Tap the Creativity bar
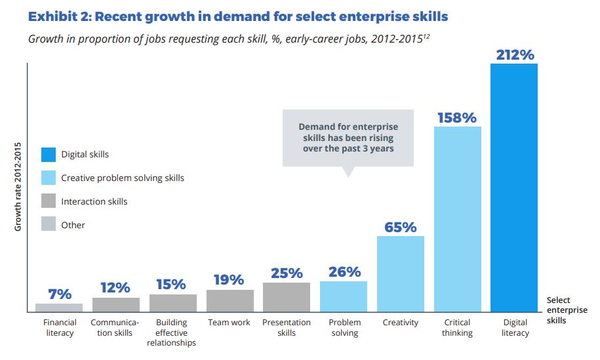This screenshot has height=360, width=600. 400,273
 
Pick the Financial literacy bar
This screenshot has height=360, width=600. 59,307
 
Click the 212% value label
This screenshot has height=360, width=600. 514,55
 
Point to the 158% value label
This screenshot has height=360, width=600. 457,118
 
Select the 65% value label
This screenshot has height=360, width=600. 400,228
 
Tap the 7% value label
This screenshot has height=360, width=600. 59,294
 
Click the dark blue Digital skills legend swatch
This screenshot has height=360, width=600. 49,154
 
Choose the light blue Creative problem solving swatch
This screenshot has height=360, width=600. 49,178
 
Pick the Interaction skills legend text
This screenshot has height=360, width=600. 94,201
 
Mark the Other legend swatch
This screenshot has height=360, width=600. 49,224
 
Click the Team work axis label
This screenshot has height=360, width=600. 230,323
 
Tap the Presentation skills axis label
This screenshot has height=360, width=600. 287,328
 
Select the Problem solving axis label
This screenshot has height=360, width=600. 344,328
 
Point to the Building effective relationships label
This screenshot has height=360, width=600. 172,332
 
